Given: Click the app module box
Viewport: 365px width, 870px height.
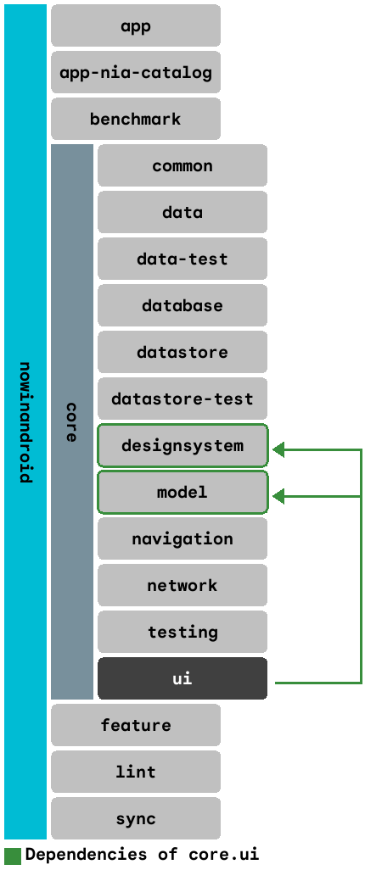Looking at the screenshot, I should coord(136,25).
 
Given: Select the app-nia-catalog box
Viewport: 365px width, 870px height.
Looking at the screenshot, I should coord(136,72).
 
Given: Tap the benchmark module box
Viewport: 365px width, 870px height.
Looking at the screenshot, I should coord(136,119).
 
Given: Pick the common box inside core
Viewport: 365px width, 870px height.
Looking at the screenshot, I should coord(182,165).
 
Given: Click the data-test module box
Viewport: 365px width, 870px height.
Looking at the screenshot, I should coord(182,259).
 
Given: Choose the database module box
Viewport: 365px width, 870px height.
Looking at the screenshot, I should coord(182,305).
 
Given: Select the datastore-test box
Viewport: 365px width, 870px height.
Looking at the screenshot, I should coord(182,399).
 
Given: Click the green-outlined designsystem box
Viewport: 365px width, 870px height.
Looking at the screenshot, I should coord(182,445).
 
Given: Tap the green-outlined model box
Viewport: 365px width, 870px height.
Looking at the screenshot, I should coord(182,492).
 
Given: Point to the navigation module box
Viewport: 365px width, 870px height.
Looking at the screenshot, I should coord(182,538).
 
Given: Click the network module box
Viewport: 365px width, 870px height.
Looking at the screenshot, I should coord(182,585).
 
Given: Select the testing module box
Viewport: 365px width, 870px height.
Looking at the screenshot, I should coord(182,632).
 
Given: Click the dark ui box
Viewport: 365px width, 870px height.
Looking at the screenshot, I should coord(182,678).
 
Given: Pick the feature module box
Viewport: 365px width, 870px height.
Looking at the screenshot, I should coord(136,725).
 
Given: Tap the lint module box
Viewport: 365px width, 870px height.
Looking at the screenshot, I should coord(136,772).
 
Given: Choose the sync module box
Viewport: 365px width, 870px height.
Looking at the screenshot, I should coord(136,818).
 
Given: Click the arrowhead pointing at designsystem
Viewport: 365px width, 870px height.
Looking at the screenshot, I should coord(278,450).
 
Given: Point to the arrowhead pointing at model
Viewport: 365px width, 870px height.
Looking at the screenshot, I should coord(278,497).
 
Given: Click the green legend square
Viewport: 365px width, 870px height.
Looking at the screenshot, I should coord(13,855).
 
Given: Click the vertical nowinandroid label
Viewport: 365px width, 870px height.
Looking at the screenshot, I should coord(25,421).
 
